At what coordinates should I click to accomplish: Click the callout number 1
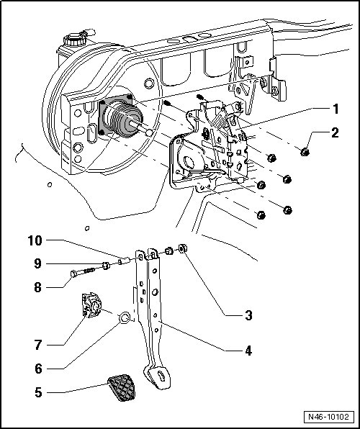coord(335,109)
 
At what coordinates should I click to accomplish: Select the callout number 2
coord(335,132)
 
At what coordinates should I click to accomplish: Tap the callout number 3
coord(248,315)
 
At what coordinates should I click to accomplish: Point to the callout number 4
coord(248,351)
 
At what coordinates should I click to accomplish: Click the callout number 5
coord(39,392)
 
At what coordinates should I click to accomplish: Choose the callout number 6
coord(39,369)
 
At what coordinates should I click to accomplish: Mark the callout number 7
coord(38,345)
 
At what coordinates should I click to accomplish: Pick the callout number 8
coord(38,287)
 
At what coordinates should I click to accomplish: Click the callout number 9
coord(37,263)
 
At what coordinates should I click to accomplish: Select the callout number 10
coord(35,240)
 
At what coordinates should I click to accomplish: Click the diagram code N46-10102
coord(328,417)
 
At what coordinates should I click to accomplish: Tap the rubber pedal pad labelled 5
coord(122,387)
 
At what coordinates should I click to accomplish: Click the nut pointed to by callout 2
coord(305,152)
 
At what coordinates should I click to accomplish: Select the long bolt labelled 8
coord(84,272)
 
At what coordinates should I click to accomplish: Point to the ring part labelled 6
coord(125,317)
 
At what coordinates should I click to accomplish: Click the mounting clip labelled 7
coord(91,304)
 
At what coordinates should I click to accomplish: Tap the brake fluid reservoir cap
coord(74,39)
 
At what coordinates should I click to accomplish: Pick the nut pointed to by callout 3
coord(183,248)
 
